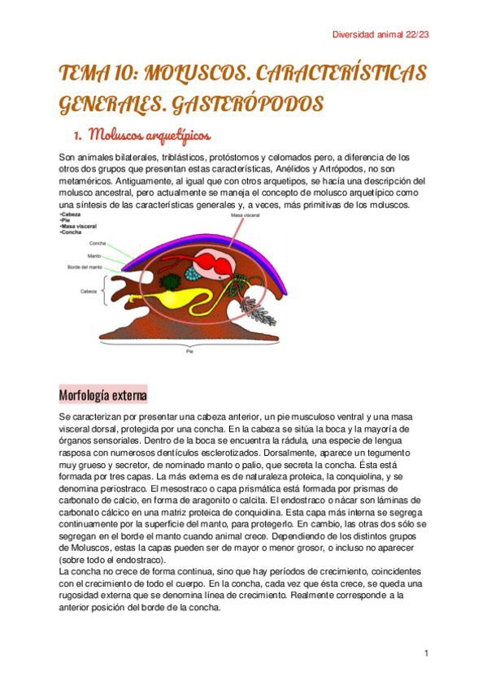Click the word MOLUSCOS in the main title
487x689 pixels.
tap(192, 74)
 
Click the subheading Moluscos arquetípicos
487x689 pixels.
tap(150, 132)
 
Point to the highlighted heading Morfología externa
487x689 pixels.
tap(102, 396)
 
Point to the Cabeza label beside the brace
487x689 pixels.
tap(89, 291)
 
